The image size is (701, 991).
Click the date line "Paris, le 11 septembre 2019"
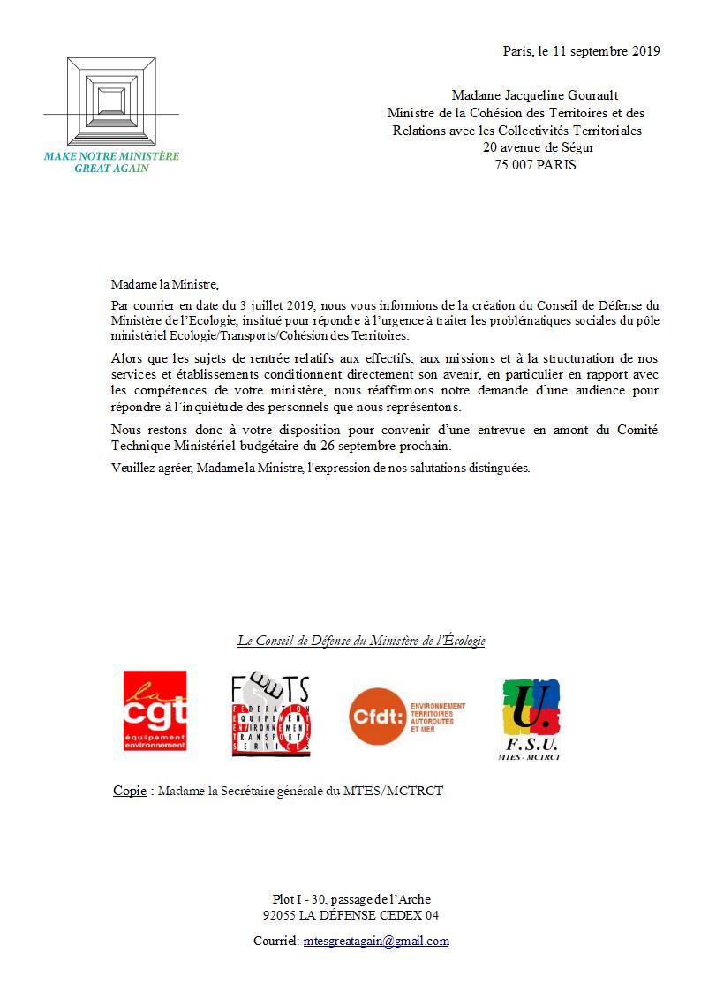[x=581, y=51]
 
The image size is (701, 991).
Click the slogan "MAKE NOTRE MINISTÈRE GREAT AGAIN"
[x=111, y=162]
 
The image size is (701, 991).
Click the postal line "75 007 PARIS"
[x=535, y=164]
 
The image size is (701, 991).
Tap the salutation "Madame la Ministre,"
[x=163, y=284]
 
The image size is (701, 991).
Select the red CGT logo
[x=155, y=710]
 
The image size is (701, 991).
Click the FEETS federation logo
[x=270, y=715]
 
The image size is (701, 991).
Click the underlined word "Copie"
[x=130, y=791]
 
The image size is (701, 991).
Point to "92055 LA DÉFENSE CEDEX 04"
[x=350, y=915]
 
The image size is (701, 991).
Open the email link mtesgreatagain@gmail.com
[x=375, y=941]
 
